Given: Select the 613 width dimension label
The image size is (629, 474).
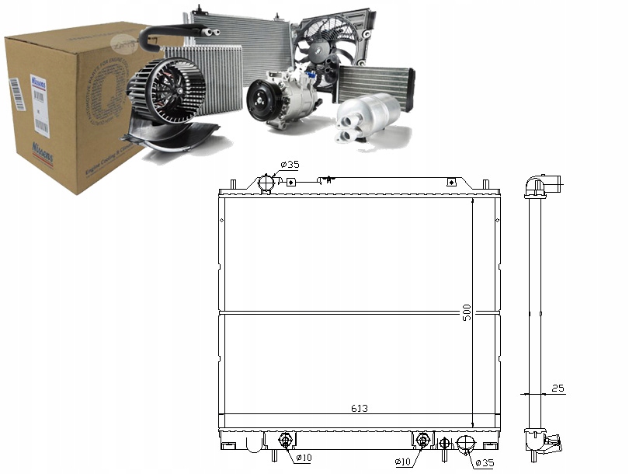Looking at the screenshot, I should (358, 409).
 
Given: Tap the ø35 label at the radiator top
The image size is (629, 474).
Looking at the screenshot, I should (288, 164).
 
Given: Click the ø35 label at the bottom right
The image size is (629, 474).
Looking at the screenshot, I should (485, 464).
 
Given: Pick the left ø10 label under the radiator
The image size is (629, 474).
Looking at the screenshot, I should (302, 458).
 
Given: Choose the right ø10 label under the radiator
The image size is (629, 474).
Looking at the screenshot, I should (402, 462).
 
